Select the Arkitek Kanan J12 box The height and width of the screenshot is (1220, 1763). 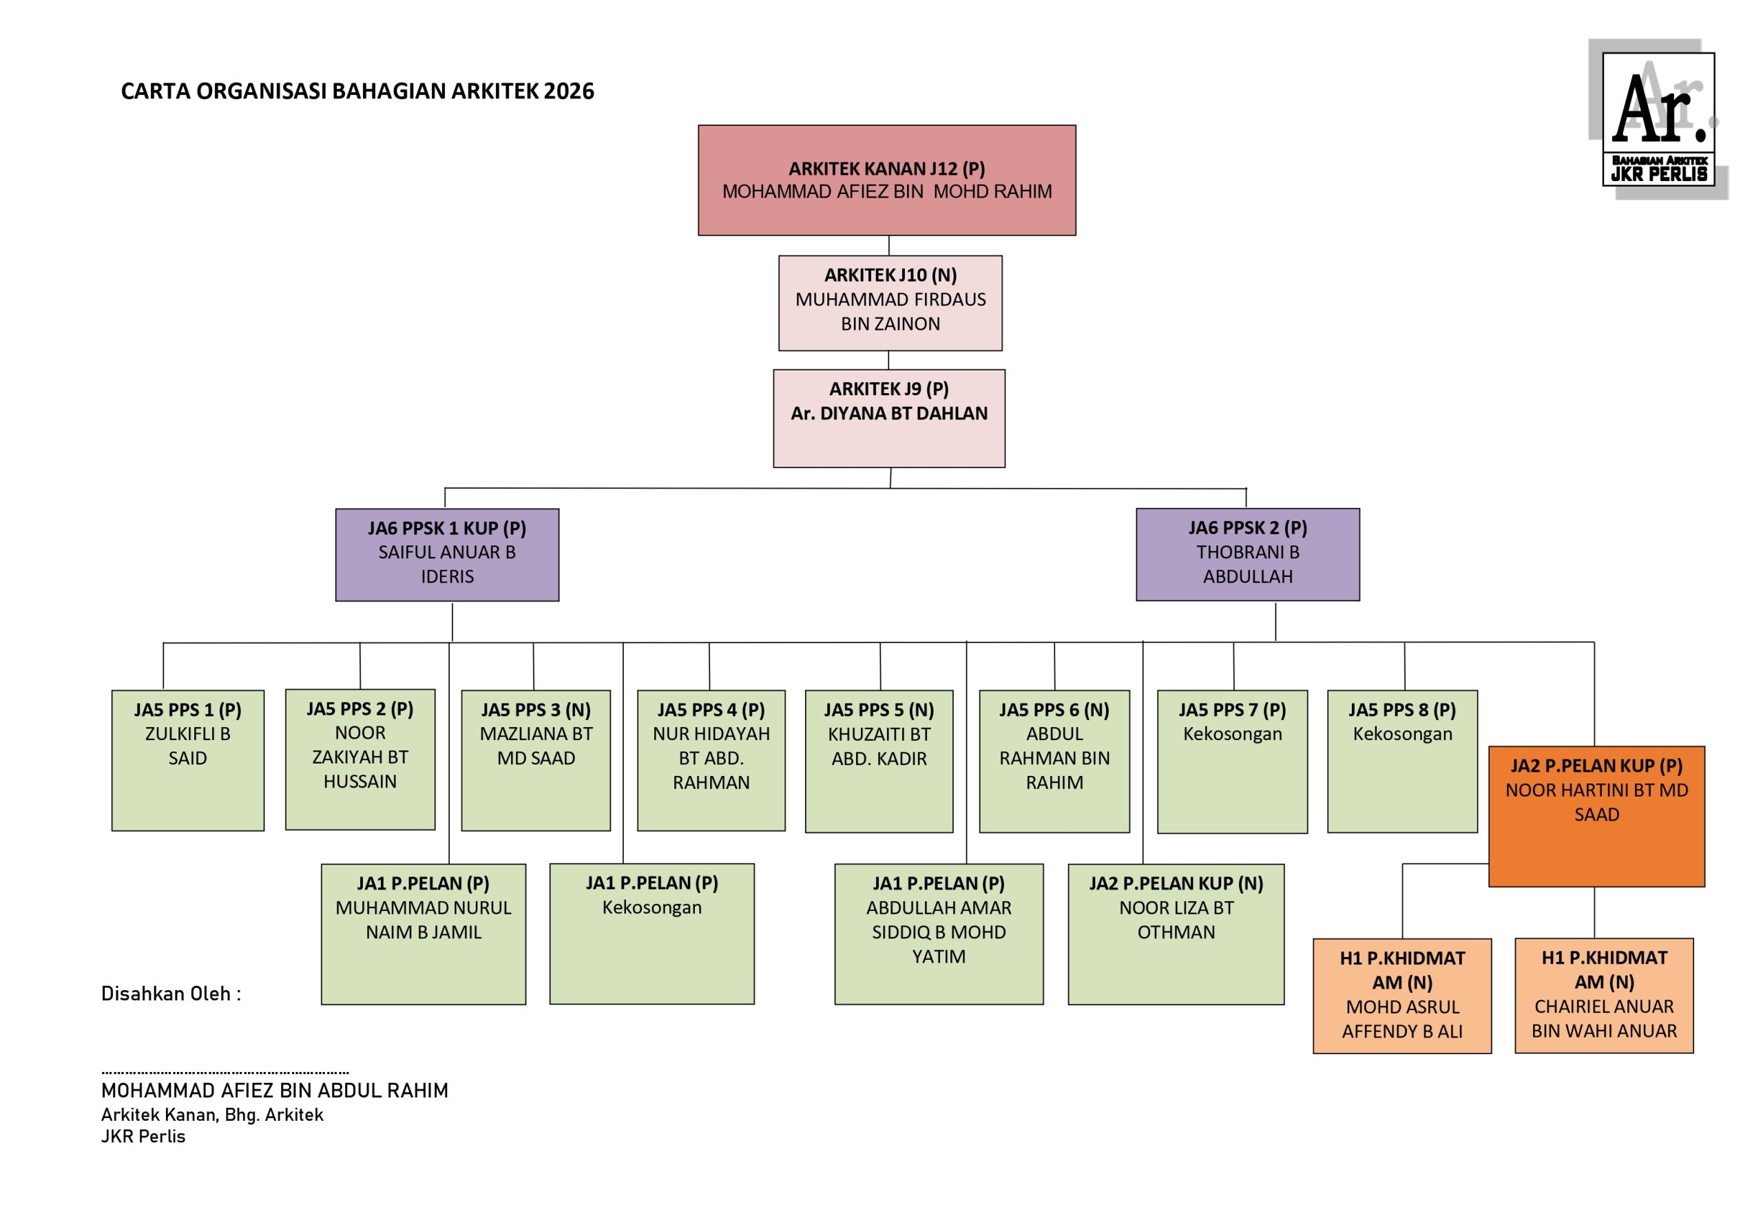(886, 180)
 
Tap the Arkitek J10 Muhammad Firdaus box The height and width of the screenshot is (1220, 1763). (890, 303)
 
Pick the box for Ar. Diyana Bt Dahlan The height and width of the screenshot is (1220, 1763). (888, 418)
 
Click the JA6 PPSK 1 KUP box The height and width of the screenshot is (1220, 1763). (446, 554)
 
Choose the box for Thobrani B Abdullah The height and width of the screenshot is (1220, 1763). (1247, 554)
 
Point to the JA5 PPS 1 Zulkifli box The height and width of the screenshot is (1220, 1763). (187, 760)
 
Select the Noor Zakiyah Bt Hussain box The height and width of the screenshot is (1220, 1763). (360, 759)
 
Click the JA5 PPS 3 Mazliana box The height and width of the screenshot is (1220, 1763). (535, 760)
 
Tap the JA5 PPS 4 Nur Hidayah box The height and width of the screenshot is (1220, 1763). (710, 760)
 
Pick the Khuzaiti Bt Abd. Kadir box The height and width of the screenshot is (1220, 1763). (879, 761)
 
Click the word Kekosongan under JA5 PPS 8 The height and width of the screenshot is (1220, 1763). (1401, 734)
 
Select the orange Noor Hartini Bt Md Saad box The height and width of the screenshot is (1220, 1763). (1596, 816)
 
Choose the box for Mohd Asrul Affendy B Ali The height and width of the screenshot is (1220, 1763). (1401, 996)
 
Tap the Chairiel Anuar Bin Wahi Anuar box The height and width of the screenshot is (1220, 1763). (1603, 996)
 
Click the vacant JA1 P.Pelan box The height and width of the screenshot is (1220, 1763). (651, 934)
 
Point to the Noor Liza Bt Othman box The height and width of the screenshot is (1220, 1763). (1175, 934)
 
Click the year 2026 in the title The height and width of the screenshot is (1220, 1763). (569, 91)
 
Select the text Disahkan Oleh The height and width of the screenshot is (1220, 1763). (171, 993)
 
